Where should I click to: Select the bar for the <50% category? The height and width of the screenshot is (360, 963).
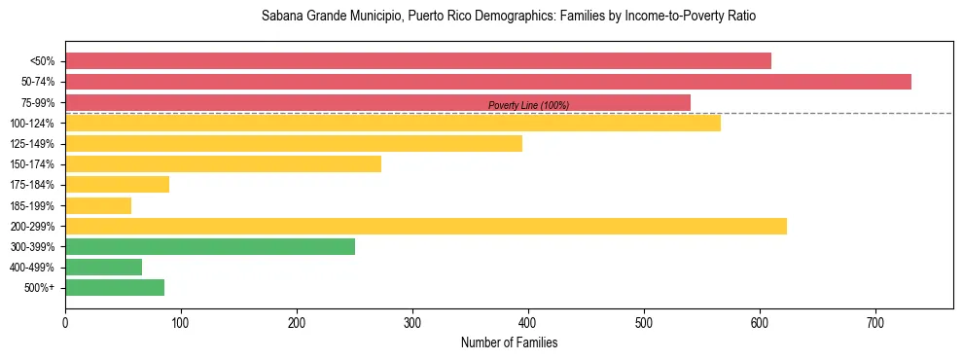coord(418,61)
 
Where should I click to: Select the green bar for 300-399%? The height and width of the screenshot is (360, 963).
coord(210,246)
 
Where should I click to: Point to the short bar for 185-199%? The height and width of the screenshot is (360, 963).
coord(98,205)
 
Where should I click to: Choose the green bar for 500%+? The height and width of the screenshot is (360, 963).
coord(115,287)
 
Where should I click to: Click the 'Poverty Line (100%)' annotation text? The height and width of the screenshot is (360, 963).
coord(528,105)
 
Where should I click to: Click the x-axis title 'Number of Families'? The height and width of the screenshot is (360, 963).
coord(509,343)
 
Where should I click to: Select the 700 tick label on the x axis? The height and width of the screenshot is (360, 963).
coord(875,322)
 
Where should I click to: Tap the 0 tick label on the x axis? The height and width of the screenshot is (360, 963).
coord(65,322)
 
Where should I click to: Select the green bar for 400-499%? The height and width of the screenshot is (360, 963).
coord(103,267)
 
